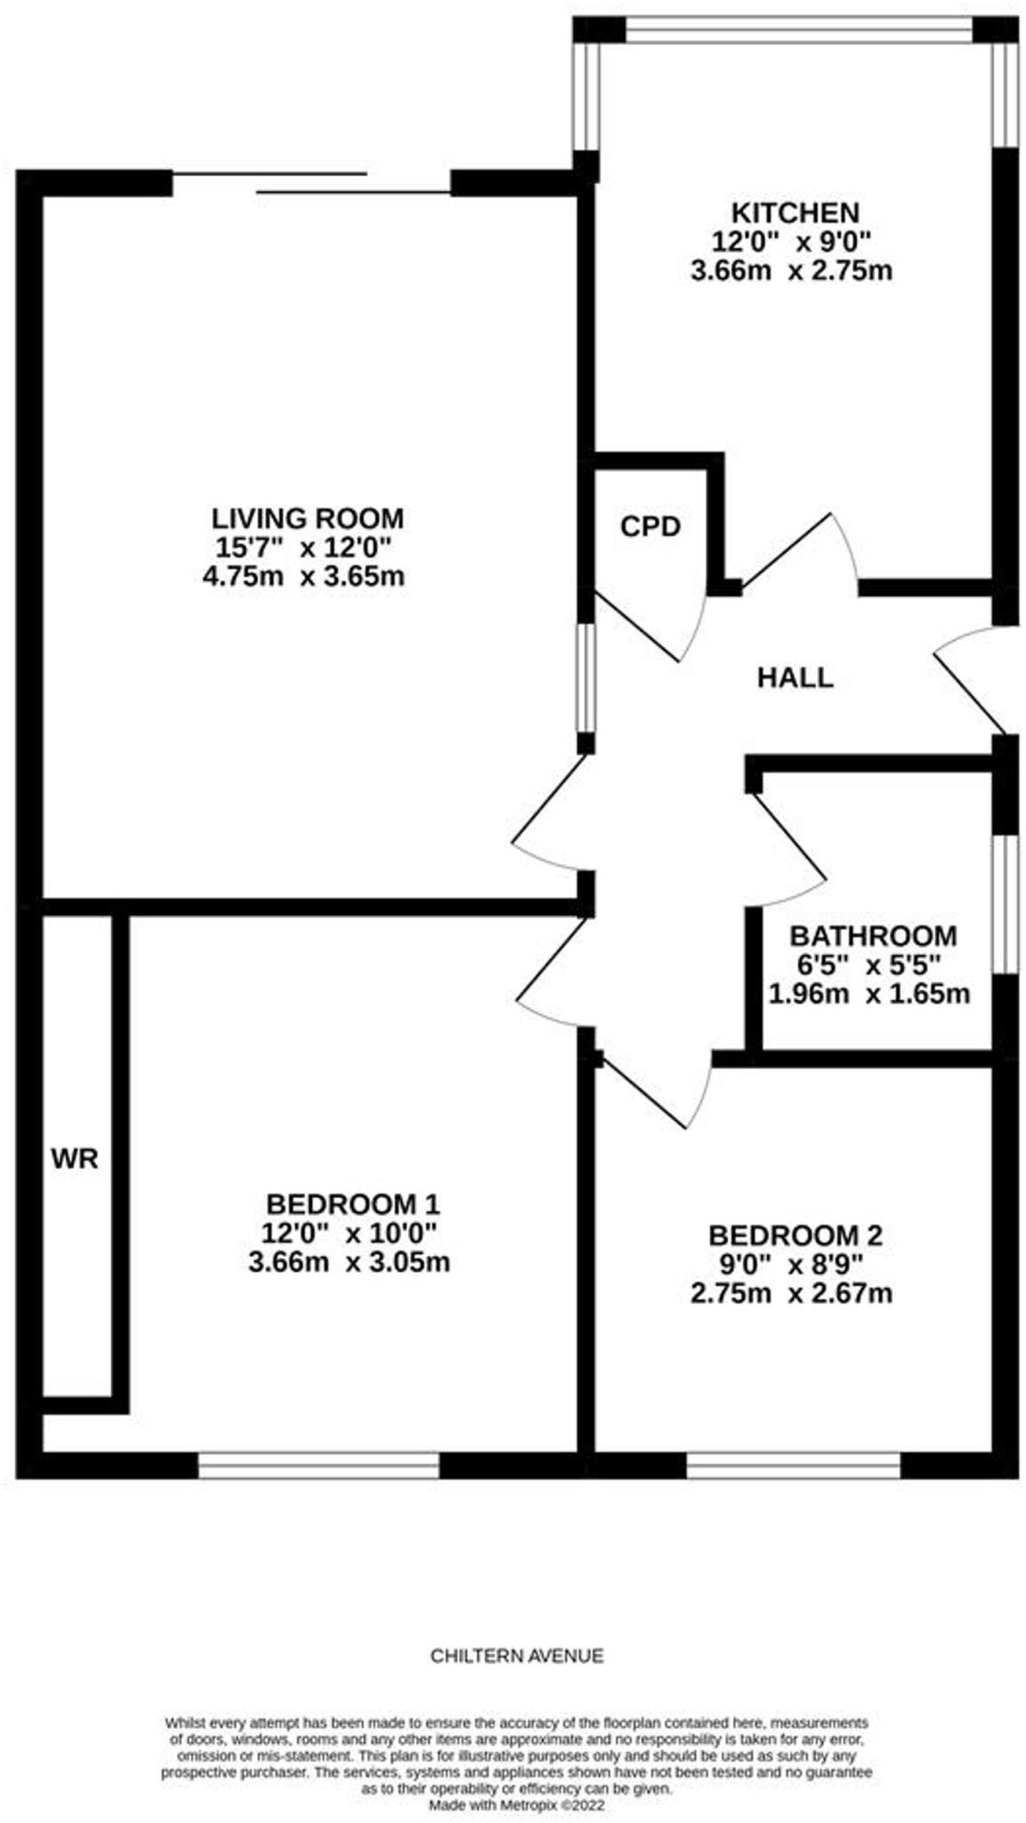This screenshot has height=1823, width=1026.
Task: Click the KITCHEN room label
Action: (x=794, y=213)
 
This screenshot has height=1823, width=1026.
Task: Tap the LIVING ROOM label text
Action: (x=307, y=518)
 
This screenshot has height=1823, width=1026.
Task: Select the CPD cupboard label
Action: (x=650, y=527)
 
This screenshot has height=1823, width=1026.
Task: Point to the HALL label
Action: (x=795, y=678)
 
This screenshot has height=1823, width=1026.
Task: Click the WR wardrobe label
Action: (x=75, y=1159)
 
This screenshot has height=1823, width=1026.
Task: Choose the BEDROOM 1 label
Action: (x=352, y=1204)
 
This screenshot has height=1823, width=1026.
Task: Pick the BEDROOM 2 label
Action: (x=794, y=1236)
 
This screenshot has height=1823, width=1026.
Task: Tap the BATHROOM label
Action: (x=872, y=936)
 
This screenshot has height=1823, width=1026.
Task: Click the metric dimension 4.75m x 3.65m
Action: (x=303, y=576)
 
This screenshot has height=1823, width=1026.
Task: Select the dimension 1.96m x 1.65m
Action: (x=868, y=993)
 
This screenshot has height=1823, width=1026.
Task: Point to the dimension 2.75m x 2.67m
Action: (x=790, y=1292)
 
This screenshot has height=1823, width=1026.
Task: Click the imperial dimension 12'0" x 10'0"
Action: (x=349, y=1234)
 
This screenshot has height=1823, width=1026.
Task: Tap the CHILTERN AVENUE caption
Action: (x=516, y=1656)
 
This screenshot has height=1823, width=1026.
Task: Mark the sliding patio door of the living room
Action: (x=311, y=183)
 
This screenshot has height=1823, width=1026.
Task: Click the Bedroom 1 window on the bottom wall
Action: (x=318, y=1465)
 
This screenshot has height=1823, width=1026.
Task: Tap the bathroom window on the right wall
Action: (x=1005, y=903)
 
